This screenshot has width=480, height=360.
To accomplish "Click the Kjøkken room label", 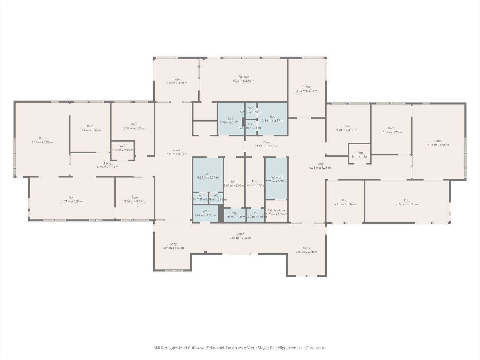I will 244,77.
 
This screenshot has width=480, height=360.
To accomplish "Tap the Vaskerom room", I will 276,179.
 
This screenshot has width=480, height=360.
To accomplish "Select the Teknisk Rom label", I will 276,210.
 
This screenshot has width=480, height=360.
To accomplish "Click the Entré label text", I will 240,234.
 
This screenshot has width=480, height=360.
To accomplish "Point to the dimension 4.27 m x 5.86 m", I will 42,142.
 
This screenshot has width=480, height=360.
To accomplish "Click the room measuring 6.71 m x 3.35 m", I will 72,199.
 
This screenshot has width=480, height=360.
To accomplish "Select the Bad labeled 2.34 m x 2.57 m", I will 272,118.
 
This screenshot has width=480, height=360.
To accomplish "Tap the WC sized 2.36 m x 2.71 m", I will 208,175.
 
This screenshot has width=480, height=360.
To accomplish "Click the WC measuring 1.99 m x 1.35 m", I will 205,213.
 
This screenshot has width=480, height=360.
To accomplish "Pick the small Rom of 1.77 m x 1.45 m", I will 122,148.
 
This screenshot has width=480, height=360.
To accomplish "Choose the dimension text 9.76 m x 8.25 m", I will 320,168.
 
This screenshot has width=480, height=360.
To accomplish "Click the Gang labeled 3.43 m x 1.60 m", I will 267,144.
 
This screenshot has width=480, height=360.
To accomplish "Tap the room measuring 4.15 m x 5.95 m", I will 438,143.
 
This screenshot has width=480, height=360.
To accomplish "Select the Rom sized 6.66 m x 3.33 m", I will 407,202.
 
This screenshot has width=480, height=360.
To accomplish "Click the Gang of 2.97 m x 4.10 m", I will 306,250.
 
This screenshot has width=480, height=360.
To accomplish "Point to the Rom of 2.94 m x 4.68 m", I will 307,89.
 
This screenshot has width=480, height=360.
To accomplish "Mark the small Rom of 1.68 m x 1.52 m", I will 359,154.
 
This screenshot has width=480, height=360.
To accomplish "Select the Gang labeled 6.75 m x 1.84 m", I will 107,165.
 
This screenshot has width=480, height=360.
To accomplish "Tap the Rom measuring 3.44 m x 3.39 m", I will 176,81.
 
